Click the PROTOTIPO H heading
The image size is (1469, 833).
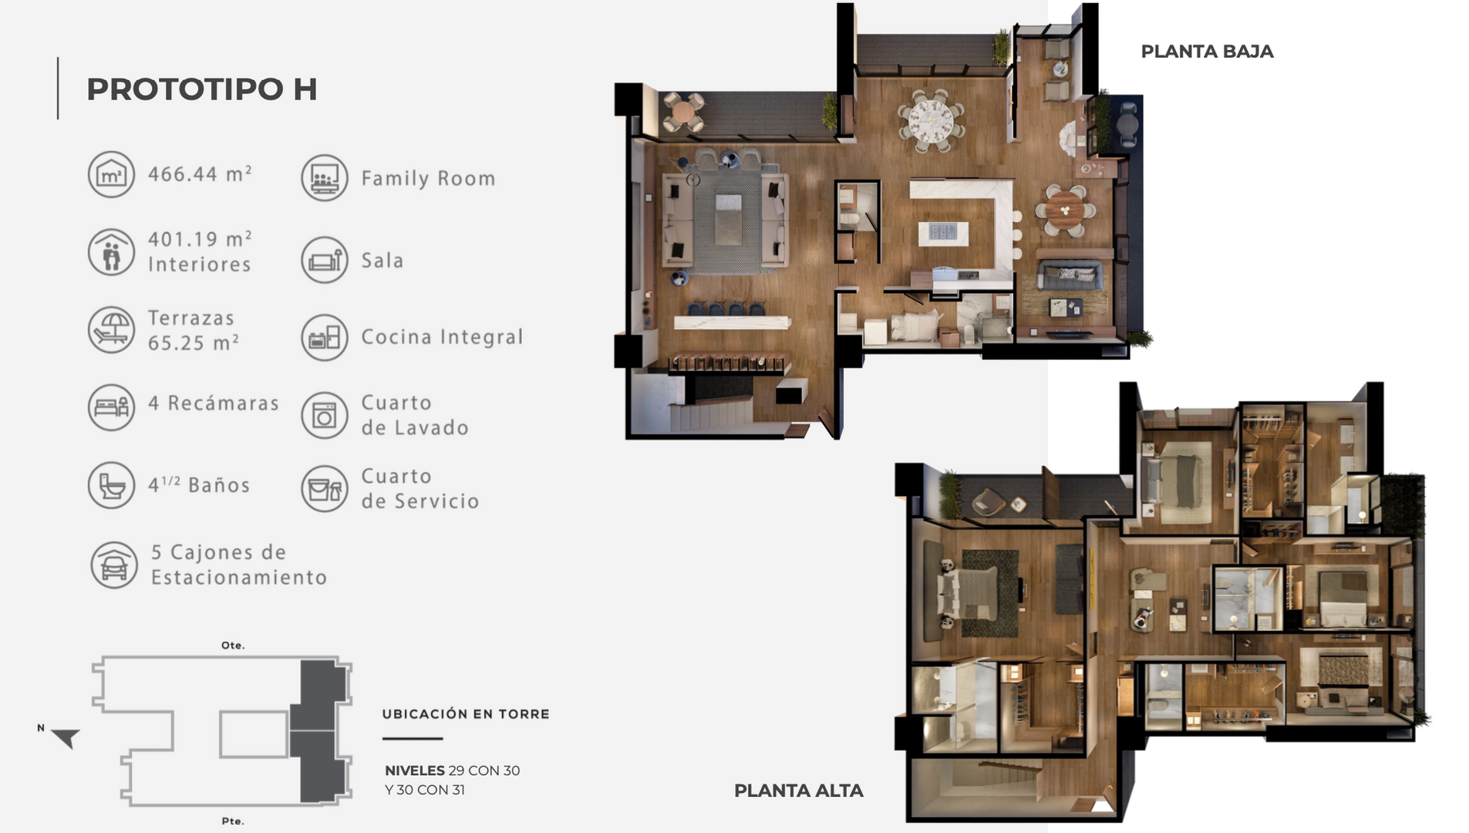click(201, 89)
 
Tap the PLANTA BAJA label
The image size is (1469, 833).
click(1207, 52)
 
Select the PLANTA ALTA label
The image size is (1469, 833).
click(798, 791)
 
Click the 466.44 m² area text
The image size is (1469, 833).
click(200, 174)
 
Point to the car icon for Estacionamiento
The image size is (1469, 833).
click(114, 565)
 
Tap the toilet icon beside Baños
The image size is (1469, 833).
click(111, 485)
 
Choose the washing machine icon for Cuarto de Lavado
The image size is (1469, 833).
click(325, 416)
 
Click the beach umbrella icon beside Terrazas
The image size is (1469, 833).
click(111, 330)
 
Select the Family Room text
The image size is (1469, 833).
click(428, 179)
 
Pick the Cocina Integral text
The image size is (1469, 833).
click(442, 337)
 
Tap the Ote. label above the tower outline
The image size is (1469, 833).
click(233, 646)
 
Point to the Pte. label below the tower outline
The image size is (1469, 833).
click(233, 821)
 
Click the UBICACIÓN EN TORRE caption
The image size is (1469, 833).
click(466, 714)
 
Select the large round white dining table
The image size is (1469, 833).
click(931, 121)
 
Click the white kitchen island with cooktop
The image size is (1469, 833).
click(943, 232)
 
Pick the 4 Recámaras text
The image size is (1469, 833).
click(214, 403)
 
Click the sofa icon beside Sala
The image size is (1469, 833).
click(325, 260)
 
